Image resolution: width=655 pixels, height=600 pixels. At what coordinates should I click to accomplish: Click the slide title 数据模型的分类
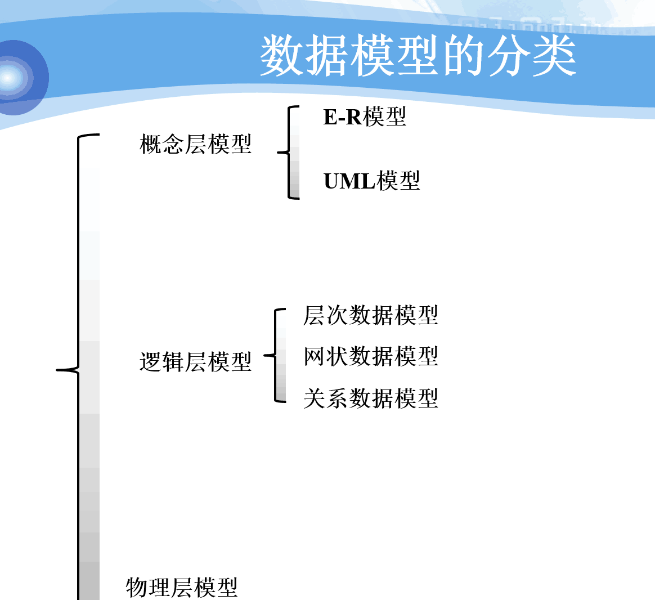click(x=418, y=55)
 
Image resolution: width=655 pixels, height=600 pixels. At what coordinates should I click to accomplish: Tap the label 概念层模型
click(x=195, y=144)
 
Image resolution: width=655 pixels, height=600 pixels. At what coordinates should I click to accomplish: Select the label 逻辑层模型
click(x=195, y=361)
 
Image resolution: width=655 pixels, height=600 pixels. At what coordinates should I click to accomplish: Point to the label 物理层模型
click(x=182, y=587)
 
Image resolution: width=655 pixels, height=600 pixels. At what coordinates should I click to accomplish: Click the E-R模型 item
click(x=365, y=117)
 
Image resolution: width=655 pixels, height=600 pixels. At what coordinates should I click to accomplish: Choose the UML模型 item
click(x=371, y=181)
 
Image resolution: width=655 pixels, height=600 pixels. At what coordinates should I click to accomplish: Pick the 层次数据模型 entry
click(x=370, y=315)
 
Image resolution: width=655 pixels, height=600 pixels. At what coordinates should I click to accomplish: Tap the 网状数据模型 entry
click(x=370, y=356)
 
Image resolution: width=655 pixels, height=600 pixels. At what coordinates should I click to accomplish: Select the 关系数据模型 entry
click(x=370, y=398)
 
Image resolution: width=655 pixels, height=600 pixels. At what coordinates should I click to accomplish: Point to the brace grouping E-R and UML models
click(x=290, y=152)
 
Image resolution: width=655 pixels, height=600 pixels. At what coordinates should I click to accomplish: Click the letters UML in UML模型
click(x=349, y=181)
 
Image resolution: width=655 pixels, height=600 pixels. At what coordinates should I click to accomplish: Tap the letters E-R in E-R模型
click(x=342, y=117)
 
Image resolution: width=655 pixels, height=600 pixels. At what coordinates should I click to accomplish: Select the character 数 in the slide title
click(x=282, y=55)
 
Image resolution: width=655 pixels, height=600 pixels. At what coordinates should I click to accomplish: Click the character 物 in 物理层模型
click(x=137, y=587)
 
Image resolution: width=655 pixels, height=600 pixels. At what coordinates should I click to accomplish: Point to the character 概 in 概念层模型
click(x=150, y=144)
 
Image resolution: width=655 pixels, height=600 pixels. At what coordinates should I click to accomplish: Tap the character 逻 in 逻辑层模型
click(x=150, y=361)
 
